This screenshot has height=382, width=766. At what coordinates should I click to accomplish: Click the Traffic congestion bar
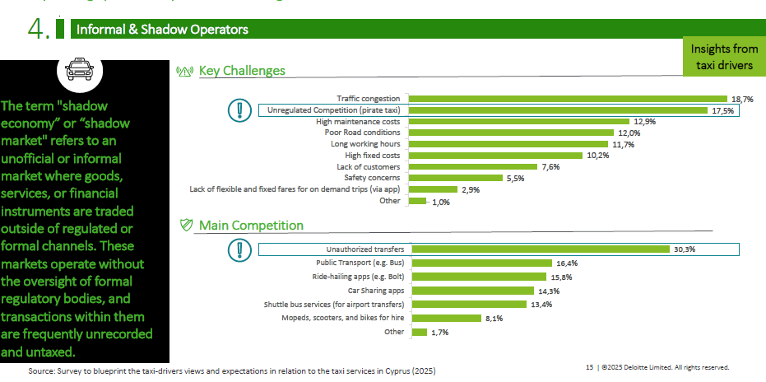569,99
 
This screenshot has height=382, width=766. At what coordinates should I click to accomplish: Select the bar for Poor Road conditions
513,133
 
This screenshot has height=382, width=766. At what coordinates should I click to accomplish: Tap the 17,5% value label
722,110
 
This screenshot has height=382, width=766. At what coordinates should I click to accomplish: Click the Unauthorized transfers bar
541,249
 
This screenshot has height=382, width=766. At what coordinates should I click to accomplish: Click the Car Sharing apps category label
377,291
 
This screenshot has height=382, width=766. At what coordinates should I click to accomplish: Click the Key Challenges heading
242,71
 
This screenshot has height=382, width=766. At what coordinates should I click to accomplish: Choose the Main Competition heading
251,226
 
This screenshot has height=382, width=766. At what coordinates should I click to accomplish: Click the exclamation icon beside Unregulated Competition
239,109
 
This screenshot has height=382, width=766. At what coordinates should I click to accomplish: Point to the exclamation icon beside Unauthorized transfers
239,249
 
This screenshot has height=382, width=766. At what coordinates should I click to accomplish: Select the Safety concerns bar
457,177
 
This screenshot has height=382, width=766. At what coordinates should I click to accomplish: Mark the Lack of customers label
371,166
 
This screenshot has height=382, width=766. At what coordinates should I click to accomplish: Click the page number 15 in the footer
589,367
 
